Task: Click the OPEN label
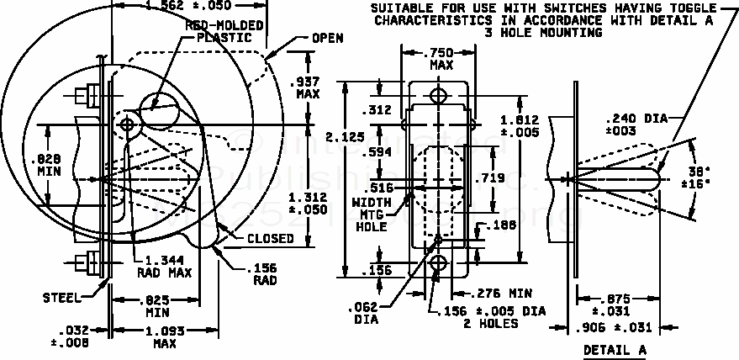(x=327, y=39)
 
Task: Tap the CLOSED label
(x=270, y=238)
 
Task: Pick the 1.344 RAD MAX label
(x=164, y=266)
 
